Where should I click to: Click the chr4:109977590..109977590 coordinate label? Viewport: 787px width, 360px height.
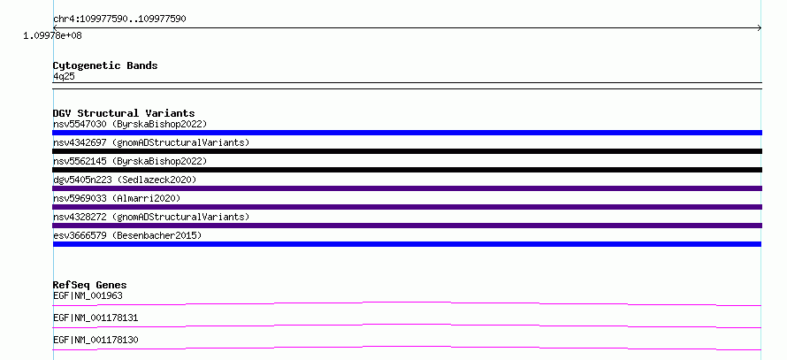[x=119, y=19]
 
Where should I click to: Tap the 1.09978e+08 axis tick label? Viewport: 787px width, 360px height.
[x=53, y=35]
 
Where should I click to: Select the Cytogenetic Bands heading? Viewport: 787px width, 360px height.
[x=105, y=65]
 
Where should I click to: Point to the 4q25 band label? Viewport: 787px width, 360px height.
[x=65, y=76]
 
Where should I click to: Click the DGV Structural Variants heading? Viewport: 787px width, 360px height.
[x=124, y=113]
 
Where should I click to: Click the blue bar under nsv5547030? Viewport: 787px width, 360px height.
[x=407, y=133]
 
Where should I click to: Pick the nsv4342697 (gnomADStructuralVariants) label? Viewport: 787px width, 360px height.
[x=151, y=142]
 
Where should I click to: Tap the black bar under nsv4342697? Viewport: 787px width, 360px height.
[x=407, y=151]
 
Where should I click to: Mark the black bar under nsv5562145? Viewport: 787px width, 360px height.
[x=407, y=170]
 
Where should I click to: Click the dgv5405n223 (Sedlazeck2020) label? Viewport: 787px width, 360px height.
[x=125, y=180]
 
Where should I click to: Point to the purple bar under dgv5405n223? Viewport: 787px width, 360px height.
[x=407, y=188]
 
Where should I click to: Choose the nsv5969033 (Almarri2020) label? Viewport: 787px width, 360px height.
[x=117, y=198]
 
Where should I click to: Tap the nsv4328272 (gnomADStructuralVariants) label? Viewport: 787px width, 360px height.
[x=151, y=217]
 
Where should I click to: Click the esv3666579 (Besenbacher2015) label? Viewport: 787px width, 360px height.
[x=127, y=235]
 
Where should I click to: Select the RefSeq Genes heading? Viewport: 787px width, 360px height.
[x=90, y=285]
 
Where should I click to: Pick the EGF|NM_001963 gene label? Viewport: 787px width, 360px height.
[x=88, y=295]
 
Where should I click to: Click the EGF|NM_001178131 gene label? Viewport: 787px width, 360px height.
[x=96, y=318]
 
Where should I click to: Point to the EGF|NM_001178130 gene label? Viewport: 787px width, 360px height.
[x=96, y=340]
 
